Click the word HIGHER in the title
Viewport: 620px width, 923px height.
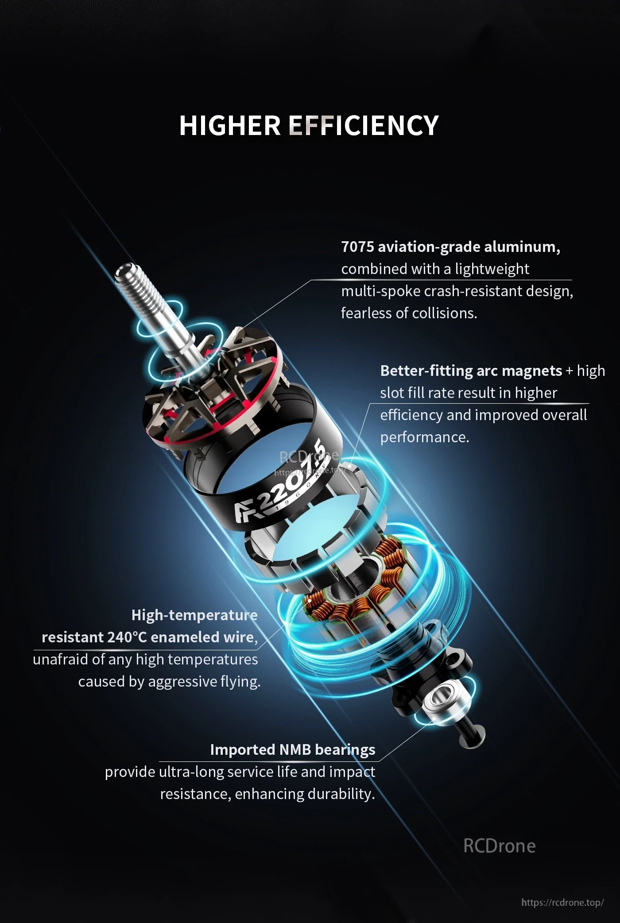tap(230, 125)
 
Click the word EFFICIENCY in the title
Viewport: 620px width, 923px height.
tap(364, 125)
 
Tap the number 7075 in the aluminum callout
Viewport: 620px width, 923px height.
tap(357, 247)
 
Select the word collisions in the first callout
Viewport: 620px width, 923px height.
tap(446, 313)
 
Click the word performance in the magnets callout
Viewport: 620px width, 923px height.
tap(423, 437)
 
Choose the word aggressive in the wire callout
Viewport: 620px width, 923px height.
tap(182, 681)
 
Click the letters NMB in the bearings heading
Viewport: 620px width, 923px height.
tap(295, 749)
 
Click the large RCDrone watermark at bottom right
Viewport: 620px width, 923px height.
tap(499, 846)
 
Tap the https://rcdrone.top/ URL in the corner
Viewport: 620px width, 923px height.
tap(562, 903)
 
